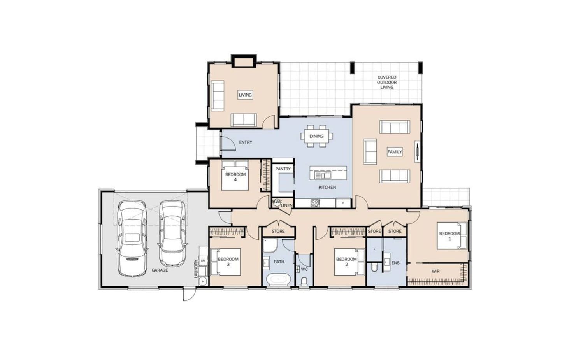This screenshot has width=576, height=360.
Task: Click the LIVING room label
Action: coord(245,95)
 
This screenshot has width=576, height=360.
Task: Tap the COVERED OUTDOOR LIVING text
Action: coord(387,82)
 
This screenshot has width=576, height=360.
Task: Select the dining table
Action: coord(316,136)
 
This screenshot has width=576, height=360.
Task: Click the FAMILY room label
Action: coord(395,152)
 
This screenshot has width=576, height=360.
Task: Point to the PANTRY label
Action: coord(283,169)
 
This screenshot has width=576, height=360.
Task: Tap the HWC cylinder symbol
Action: coord(277,202)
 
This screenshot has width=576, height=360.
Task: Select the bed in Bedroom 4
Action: coord(235,175)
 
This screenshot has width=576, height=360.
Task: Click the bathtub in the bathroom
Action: coord(279,280)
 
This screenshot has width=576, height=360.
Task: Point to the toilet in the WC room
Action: coord(304,282)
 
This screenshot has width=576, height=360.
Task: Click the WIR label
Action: coord(436,271)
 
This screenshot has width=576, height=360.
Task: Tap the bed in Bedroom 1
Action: coord(452,236)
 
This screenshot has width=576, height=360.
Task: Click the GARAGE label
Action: coord(160,270)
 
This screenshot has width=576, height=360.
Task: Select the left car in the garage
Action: coord(132,238)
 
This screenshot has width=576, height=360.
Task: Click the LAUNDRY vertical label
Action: coord(196,269)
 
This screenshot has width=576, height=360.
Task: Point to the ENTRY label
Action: coord(246,142)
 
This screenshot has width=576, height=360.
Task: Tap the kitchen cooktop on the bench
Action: coord(315,203)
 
